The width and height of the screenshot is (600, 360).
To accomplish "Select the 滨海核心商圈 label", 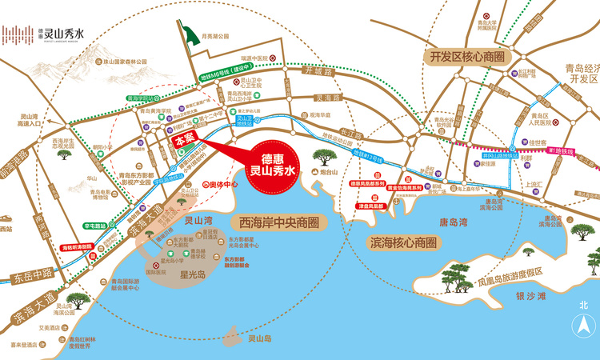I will tap(402, 241).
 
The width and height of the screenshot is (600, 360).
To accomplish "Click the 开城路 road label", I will tap(316, 71).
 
